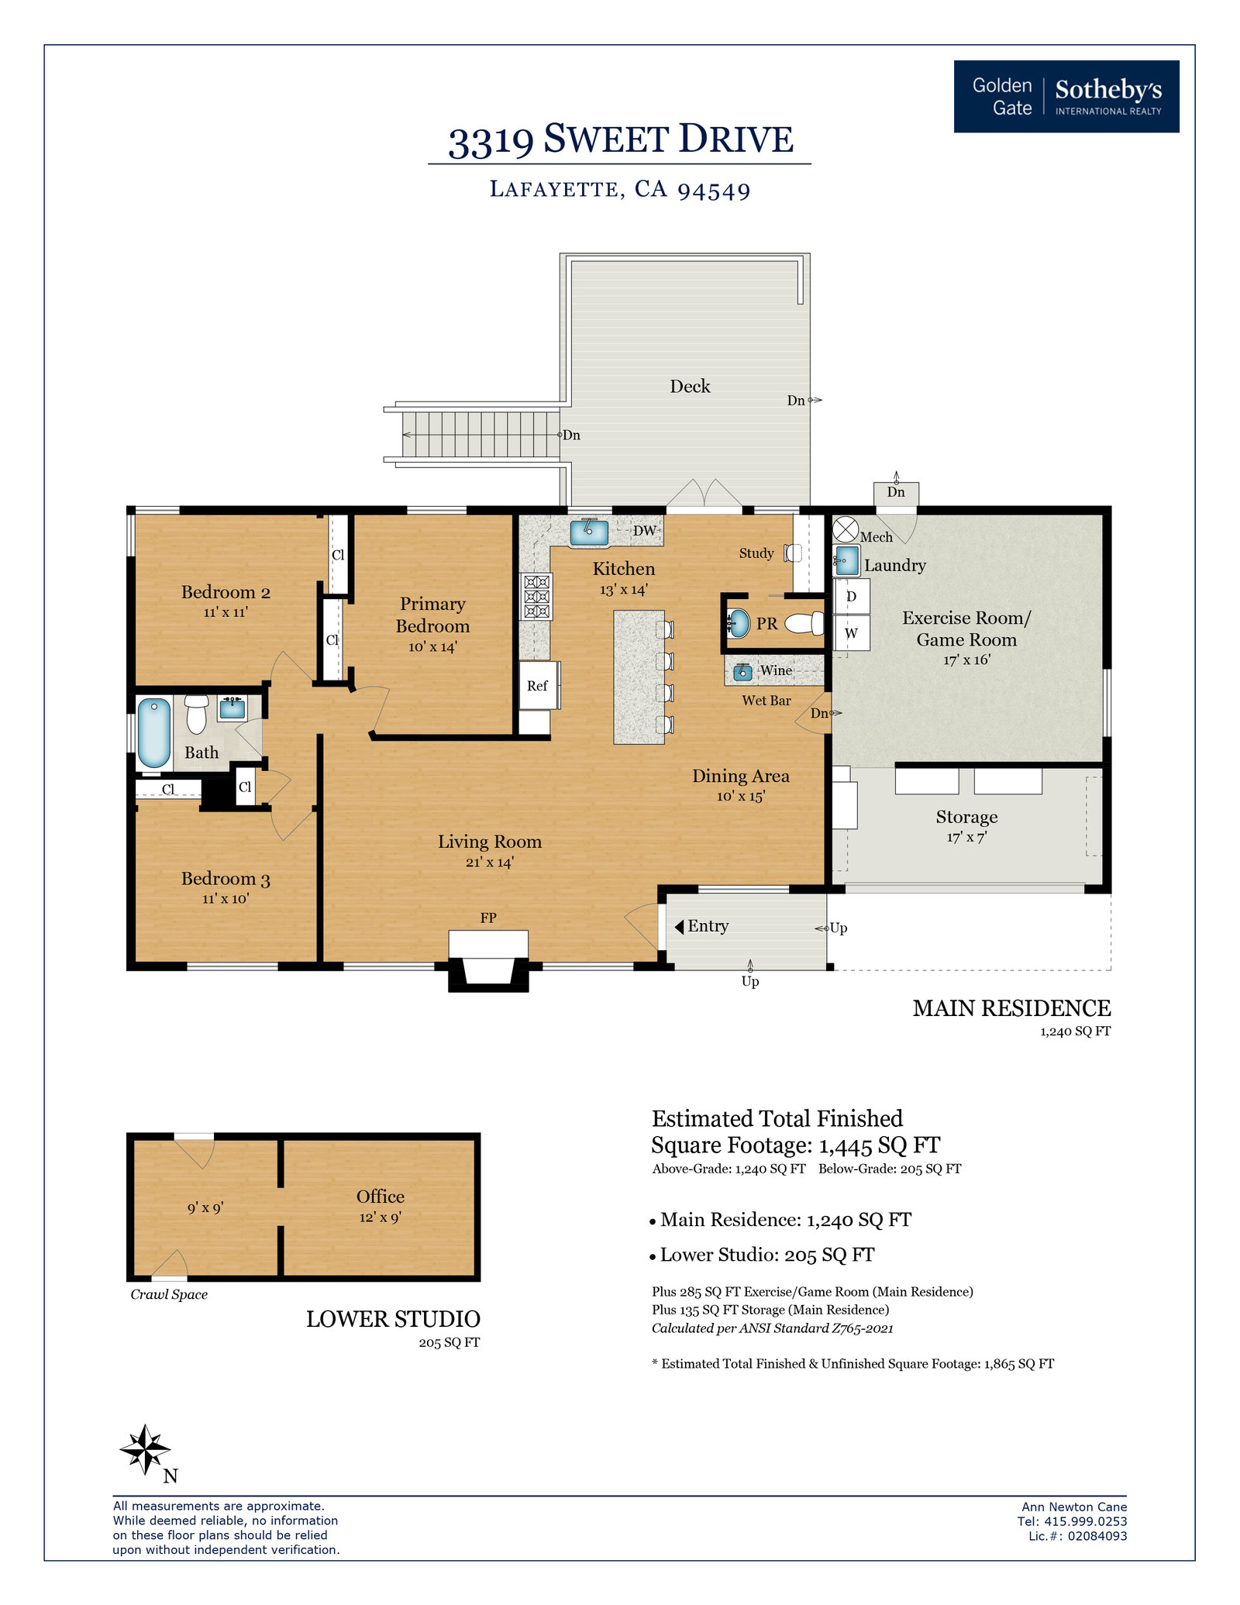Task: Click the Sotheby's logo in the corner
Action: click(1066, 96)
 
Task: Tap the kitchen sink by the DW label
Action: click(589, 532)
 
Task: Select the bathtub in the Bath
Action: click(154, 732)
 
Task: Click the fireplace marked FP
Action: click(488, 961)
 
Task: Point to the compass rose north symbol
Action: click(145, 1449)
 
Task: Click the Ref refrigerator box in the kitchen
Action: click(539, 685)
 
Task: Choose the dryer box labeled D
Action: click(852, 597)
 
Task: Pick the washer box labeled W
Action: click(852, 632)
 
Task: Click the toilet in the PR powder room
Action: click(804, 623)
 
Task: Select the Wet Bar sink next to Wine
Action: click(743, 671)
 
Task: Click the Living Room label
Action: click(490, 842)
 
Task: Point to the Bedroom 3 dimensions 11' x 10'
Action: click(226, 899)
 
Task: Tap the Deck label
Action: click(690, 386)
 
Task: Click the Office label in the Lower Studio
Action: click(381, 1197)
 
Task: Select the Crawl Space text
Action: click(169, 1295)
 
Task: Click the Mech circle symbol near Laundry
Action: click(846, 530)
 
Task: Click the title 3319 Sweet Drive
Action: click(621, 140)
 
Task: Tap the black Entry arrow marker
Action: click(679, 927)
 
